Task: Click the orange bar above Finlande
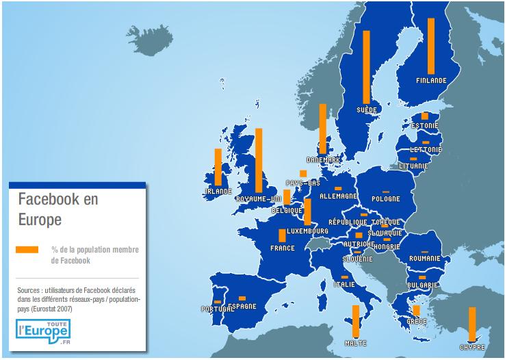click(431, 46)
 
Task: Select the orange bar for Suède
click(366, 67)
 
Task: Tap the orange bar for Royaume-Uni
click(259, 160)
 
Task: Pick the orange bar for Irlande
click(218, 166)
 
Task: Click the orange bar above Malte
click(355, 322)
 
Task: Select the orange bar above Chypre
click(472, 324)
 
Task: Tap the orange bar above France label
click(282, 235)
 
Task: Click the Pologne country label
click(385, 199)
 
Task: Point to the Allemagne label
click(338, 196)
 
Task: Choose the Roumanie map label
click(425, 258)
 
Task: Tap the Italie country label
click(344, 284)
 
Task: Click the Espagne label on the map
click(242, 306)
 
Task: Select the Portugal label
click(216, 309)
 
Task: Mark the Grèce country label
click(416, 321)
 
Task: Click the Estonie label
click(425, 125)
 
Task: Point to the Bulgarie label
click(422, 284)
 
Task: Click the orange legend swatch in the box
click(27, 249)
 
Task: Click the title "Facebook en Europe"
click(58, 210)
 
